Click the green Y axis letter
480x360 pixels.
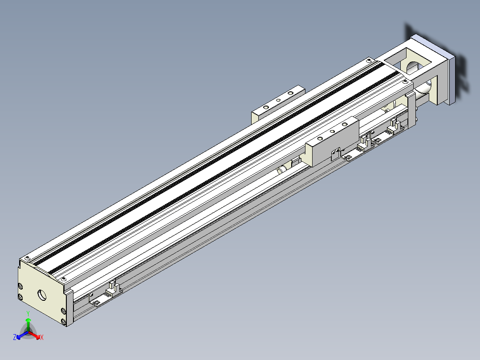click(28, 313)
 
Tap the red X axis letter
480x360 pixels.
click(42, 337)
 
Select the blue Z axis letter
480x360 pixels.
click(15, 337)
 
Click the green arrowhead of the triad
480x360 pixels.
click(28, 320)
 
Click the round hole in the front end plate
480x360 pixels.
click(42, 295)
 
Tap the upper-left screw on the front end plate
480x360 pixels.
click(20, 286)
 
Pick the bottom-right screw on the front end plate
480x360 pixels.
click(63, 321)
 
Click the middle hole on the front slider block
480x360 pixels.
click(333, 131)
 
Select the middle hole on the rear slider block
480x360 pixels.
click(278, 100)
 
